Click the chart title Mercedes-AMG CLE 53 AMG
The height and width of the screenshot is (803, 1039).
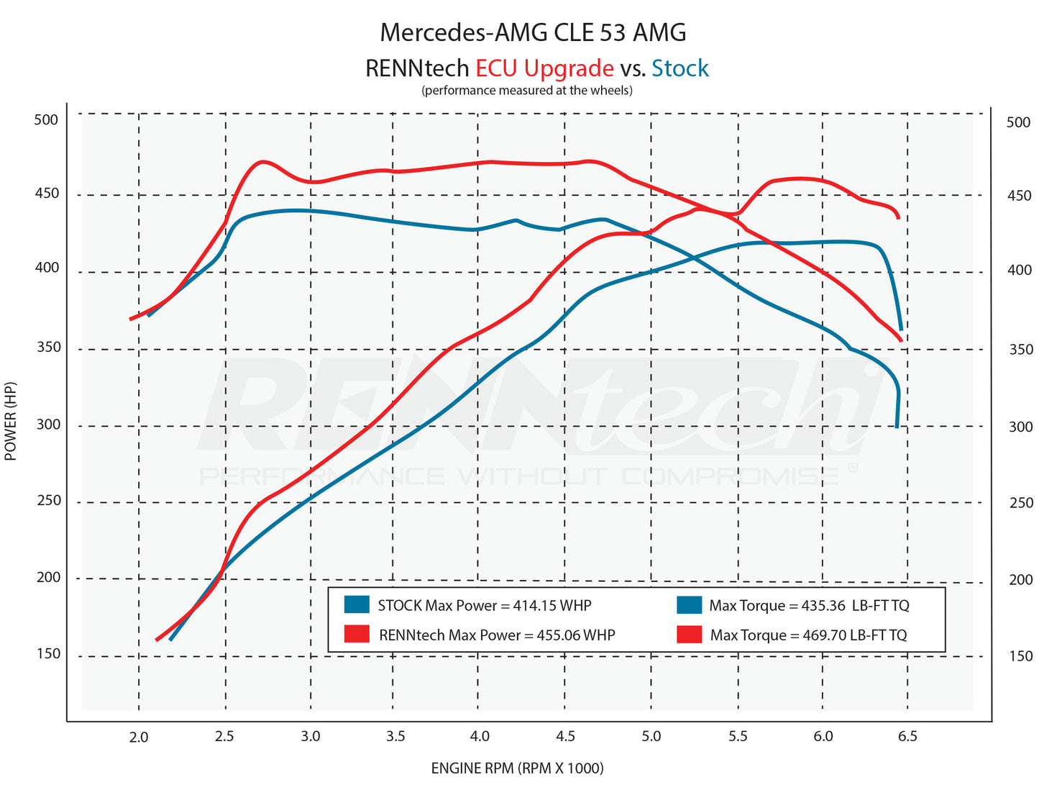(533, 32)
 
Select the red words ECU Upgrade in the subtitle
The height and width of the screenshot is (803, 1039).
(544, 68)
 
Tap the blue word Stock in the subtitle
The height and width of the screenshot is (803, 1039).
(679, 68)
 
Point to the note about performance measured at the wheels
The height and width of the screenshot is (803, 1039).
(526, 91)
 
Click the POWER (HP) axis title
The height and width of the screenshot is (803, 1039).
(11, 421)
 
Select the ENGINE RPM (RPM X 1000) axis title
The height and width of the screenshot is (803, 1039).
(517, 768)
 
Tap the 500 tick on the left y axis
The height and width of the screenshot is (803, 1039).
(46, 119)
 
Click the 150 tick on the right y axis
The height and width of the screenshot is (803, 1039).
(1020, 656)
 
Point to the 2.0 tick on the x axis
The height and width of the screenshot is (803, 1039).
(139, 737)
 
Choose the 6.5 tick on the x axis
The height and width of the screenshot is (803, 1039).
(907, 736)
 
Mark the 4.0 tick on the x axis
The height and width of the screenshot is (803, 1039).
(480, 736)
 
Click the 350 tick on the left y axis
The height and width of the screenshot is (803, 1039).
(47, 347)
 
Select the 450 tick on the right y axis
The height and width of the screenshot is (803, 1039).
(1019, 196)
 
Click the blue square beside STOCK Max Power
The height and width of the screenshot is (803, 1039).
(357, 604)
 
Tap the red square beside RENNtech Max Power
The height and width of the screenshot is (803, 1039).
(357, 634)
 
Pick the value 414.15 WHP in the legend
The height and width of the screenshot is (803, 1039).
(551, 606)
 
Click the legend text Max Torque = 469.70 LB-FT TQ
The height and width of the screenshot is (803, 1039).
(808, 635)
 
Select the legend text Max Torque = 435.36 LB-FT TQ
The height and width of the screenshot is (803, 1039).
(809, 606)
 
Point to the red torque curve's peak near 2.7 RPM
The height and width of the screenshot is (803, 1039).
(264, 161)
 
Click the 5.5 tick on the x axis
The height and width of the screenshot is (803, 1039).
(738, 736)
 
